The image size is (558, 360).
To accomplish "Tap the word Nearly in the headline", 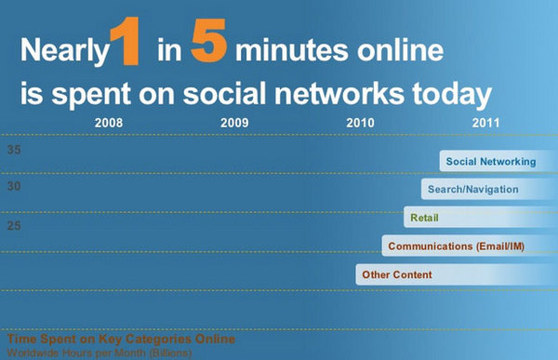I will pyautogui.click(x=62, y=52).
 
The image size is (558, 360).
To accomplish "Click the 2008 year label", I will pyautogui.click(x=109, y=123).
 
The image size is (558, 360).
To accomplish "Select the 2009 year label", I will pyautogui.click(x=234, y=123).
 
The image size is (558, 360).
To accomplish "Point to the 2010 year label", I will pyautogui.click(x=360, y=123).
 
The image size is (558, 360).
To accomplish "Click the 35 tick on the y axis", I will pyautogui.click(x=15, y=150).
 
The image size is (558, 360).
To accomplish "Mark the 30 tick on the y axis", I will pyautogui.click(x=15, y=187).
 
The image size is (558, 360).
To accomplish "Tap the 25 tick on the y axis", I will pyautogui.click(x=15, y=225).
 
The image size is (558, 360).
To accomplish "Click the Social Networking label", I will pyautogui.click(x=490, y=161).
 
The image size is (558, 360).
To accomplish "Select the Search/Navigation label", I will pyautogui.click(x=473, y=190).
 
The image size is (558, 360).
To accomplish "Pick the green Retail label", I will pyautogui.click(x=425, y=219).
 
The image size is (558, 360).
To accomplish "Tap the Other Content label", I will pyautogui.click(x=397, y=275).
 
